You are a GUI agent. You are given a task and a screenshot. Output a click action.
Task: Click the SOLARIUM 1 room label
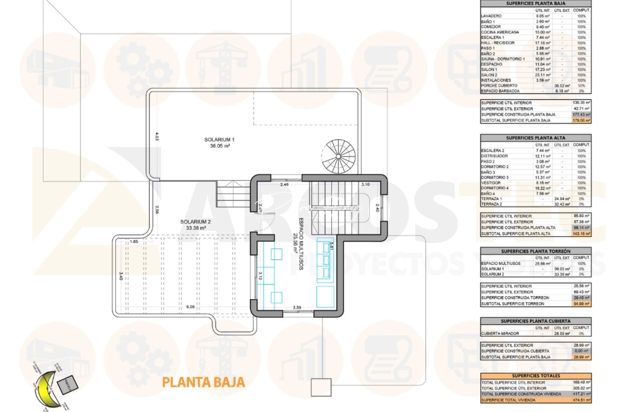pos(219,142)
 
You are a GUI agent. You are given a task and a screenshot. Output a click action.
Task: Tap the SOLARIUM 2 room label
pos(195,225)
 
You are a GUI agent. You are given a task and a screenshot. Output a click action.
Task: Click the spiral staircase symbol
pos(338,156)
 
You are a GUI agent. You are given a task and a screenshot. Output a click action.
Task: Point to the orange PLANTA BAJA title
pos(203,382)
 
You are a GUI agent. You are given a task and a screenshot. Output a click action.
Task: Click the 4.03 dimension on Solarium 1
pos(157,136)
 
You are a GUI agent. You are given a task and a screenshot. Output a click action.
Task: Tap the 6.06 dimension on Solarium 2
pos(190,307)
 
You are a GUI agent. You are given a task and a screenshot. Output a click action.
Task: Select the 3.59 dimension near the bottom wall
pos(297,307)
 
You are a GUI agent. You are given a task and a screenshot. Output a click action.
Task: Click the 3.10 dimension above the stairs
pos(365,184)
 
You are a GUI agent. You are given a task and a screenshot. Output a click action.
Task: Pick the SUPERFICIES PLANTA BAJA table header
pos(536,3)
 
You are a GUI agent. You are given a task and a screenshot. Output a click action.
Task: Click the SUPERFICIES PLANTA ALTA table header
pos(536,138)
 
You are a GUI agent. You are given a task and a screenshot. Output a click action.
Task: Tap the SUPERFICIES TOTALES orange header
pos(536,376)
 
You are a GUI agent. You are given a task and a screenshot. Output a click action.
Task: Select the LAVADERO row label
pos(491,16)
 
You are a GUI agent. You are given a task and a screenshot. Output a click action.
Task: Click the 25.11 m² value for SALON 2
pos(542,75)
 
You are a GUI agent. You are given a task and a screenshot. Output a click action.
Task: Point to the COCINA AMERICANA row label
pos(500,32)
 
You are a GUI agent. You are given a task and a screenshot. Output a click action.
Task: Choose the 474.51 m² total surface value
pos(581,400)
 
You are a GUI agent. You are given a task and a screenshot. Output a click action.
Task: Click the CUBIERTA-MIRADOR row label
pos(500,333)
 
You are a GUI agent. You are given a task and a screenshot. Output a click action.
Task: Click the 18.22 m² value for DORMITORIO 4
pos(542,188)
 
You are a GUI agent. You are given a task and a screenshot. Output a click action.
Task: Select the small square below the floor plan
pos(321,387)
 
